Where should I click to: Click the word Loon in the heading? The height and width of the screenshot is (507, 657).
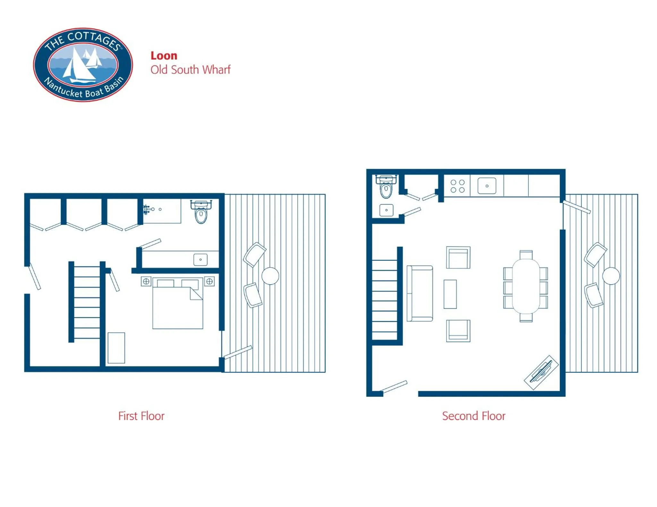[x=164, y=56]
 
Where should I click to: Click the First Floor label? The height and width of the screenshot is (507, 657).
[x=141, y=416]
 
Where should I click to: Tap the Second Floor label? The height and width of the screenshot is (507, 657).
[x=474, y=416]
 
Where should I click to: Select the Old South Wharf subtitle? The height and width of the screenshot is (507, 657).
[x=191, y=70]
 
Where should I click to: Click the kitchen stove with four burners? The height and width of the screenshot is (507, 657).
[x=457, y=186]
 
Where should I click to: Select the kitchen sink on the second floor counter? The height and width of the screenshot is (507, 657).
[x=487, y=186]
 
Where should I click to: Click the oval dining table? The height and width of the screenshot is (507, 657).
[x=526, y=286]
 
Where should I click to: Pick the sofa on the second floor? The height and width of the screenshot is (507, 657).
[x=420, y=293]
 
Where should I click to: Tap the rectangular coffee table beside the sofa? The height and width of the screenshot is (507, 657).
[x=450, y=294]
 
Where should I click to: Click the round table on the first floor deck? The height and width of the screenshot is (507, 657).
[x=270, y=276]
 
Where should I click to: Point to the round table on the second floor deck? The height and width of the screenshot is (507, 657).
[x=611, y=276]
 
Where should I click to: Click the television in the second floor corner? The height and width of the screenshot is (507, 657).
[x=541, y=372]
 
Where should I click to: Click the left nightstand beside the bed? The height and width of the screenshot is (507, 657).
[x=146, y=281]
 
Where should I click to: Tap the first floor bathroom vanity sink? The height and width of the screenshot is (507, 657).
[x=201, y=260]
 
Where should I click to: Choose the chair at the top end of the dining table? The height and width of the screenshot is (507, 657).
[x=526, y=254]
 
